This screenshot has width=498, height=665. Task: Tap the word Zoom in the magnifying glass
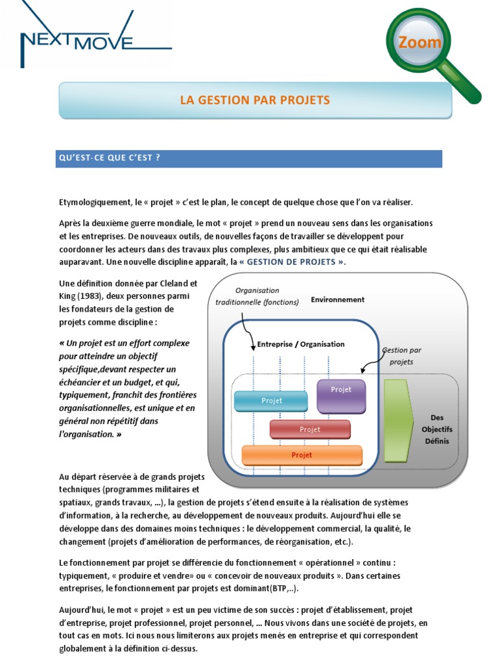pos(420,43)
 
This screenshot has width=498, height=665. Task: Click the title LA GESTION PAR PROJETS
pos(255,100)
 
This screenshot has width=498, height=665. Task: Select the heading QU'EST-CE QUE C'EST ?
pos(109,159)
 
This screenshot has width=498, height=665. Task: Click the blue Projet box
pos(270,401)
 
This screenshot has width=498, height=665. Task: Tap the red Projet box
pos(310,429)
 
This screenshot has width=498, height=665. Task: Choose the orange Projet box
pos(302,455)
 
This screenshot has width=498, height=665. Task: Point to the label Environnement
pos(337,300)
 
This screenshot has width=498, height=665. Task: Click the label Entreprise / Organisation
pos(301,344)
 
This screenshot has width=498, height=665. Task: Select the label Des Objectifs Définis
pos(437,429)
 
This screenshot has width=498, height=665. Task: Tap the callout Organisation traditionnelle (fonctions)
pos(257,296)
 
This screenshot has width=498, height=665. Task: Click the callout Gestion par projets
pos(401,356)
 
